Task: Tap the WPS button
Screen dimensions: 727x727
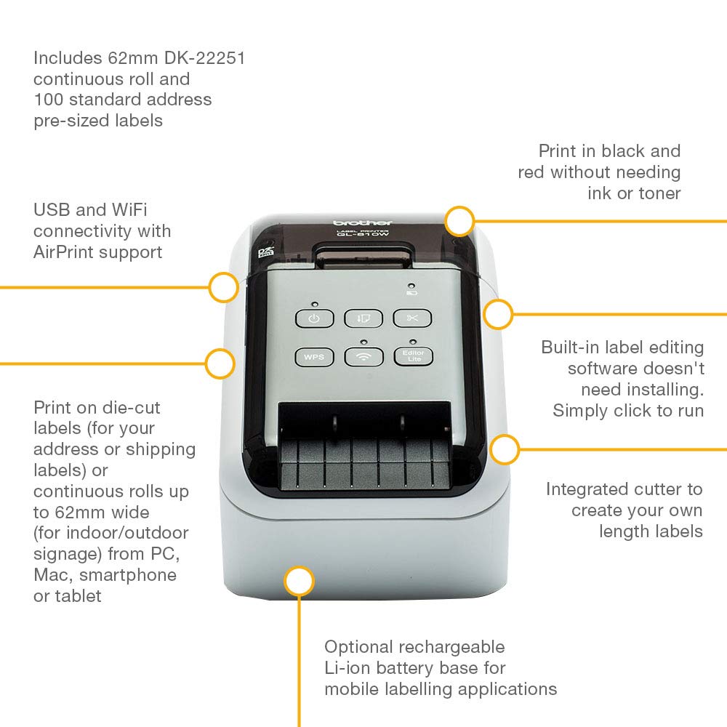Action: [314, 357]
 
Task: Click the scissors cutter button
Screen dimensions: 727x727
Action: [412, 318]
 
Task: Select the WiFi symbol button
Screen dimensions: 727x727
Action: [363, 357]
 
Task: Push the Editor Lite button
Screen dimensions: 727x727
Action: [412, 356]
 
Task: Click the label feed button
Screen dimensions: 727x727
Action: [363, 318]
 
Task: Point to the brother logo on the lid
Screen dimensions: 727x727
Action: [362, 222]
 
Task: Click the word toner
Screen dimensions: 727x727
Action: [659, 193]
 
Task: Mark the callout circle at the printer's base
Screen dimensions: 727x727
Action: [298, 582]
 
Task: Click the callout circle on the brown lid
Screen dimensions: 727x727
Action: [459, 220]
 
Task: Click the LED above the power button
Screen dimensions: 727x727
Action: [314, 304]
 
